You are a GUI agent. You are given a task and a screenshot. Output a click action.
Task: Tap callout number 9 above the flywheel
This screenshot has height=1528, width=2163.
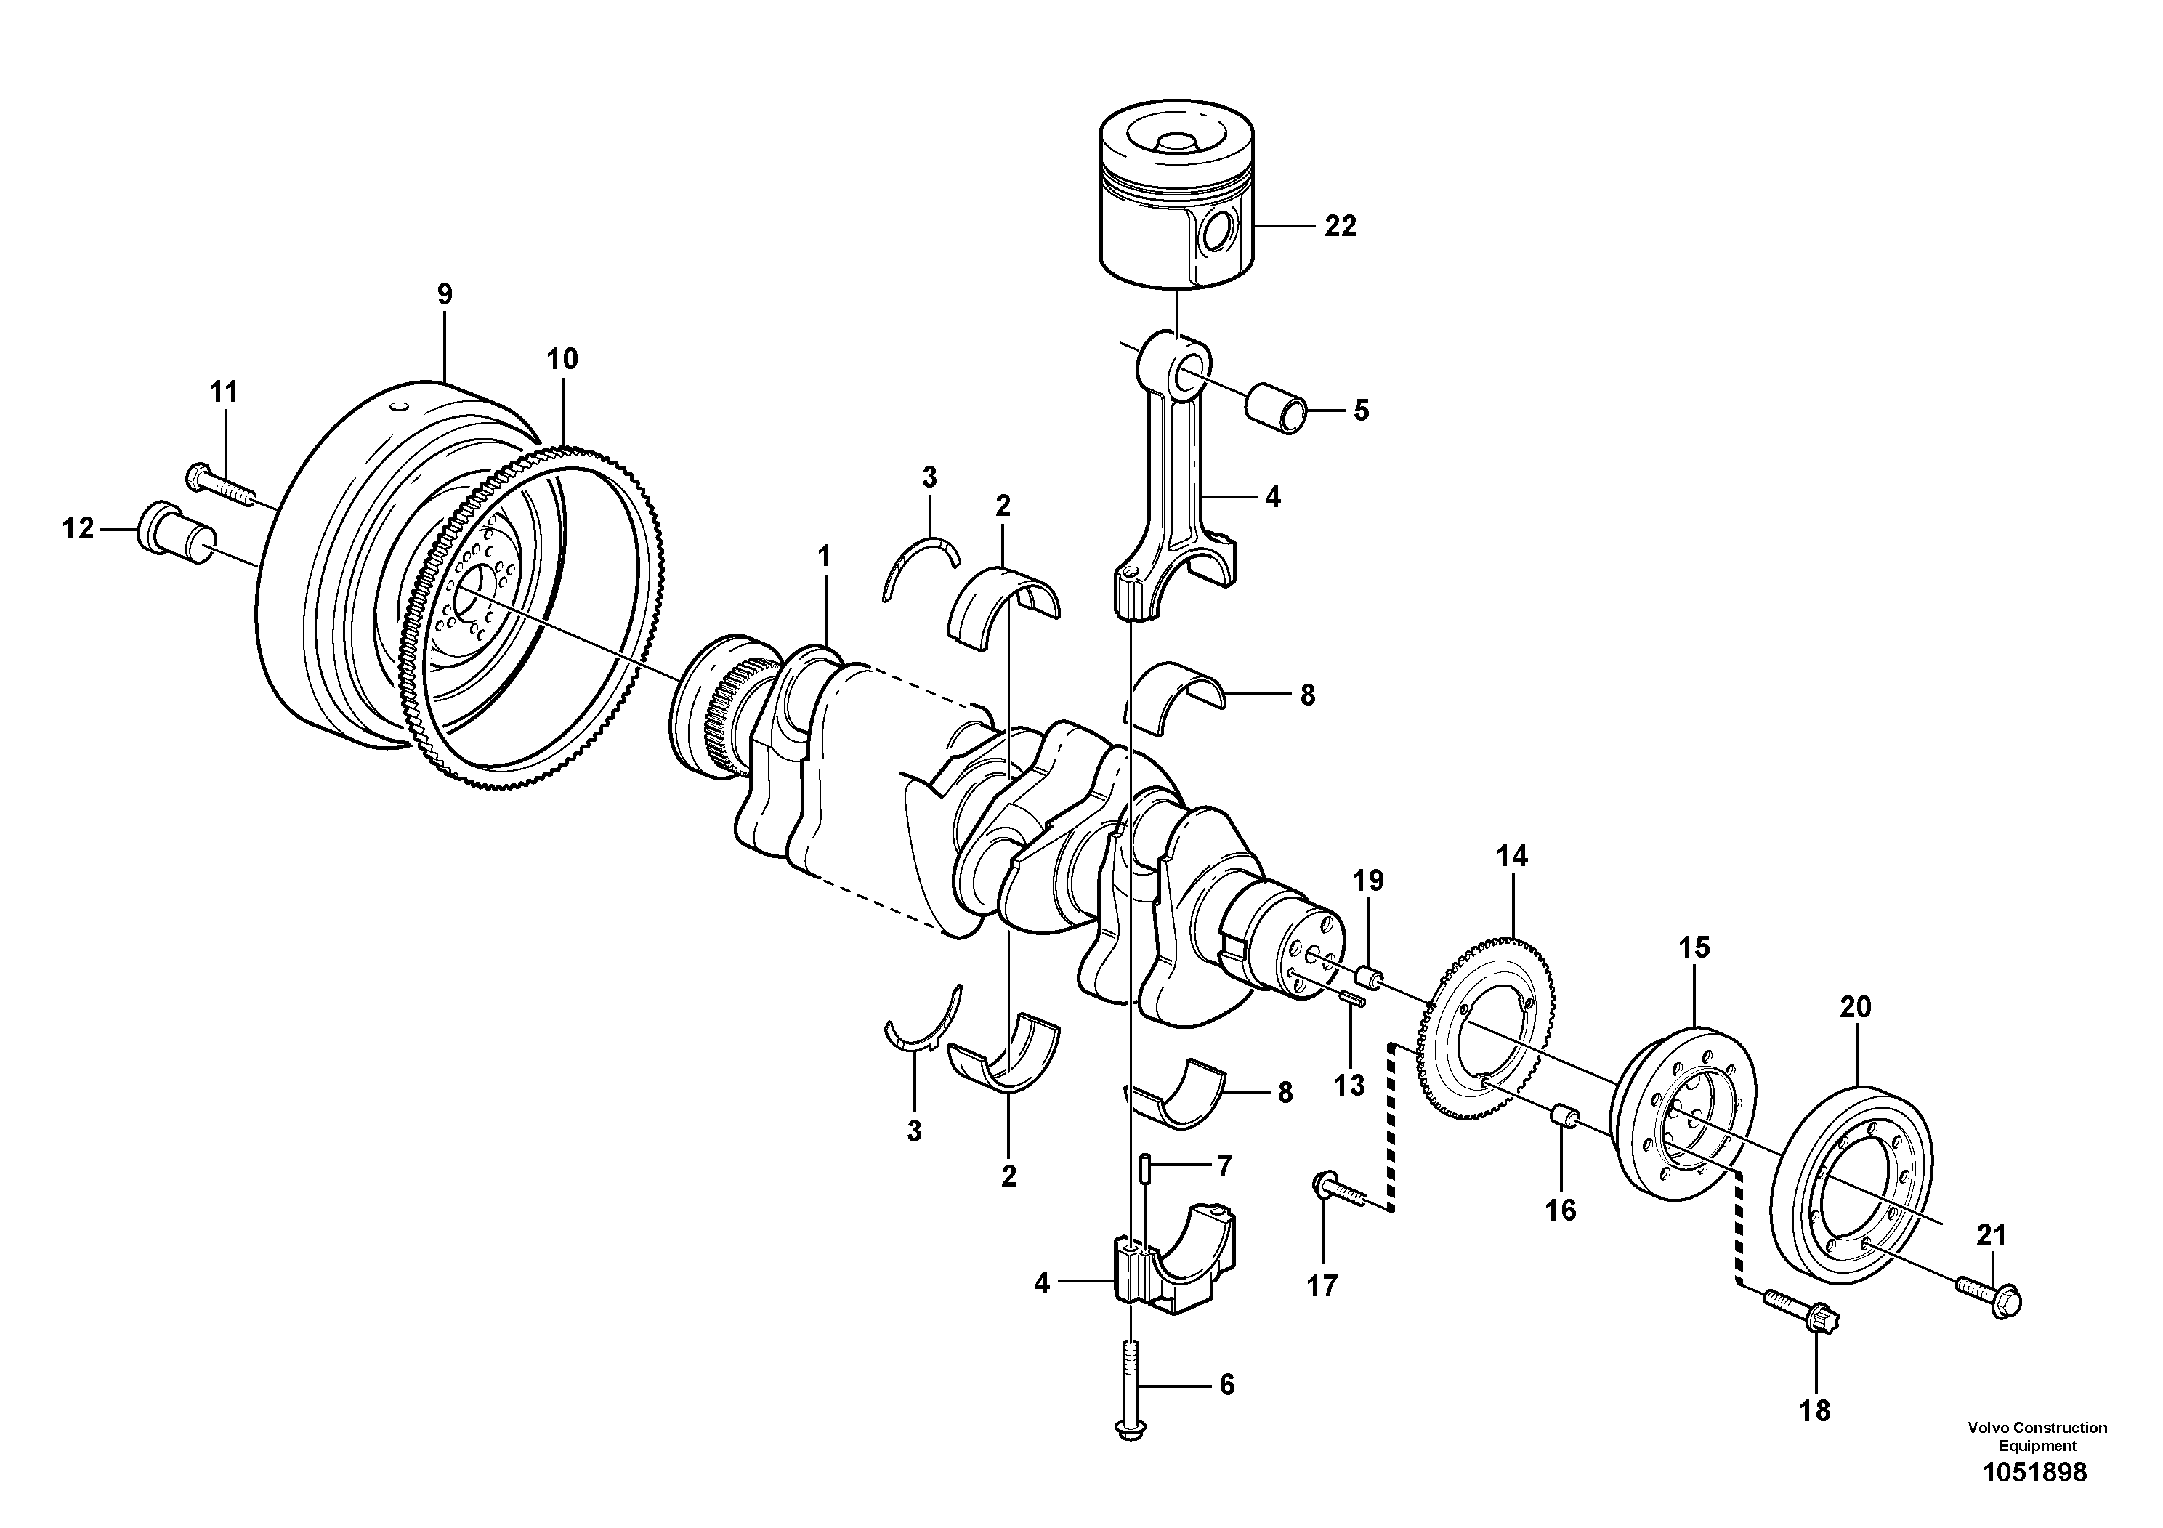pos(445,294)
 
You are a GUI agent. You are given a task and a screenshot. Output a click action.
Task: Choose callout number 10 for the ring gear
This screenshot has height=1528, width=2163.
pos(562,359)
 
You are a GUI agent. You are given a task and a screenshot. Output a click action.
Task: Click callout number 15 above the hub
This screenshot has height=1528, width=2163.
pos(1694,947)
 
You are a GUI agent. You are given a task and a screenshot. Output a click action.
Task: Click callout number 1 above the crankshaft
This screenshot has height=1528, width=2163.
pos(825,557)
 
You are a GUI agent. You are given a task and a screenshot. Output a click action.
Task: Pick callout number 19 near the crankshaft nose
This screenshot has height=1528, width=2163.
pos(1368,880)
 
